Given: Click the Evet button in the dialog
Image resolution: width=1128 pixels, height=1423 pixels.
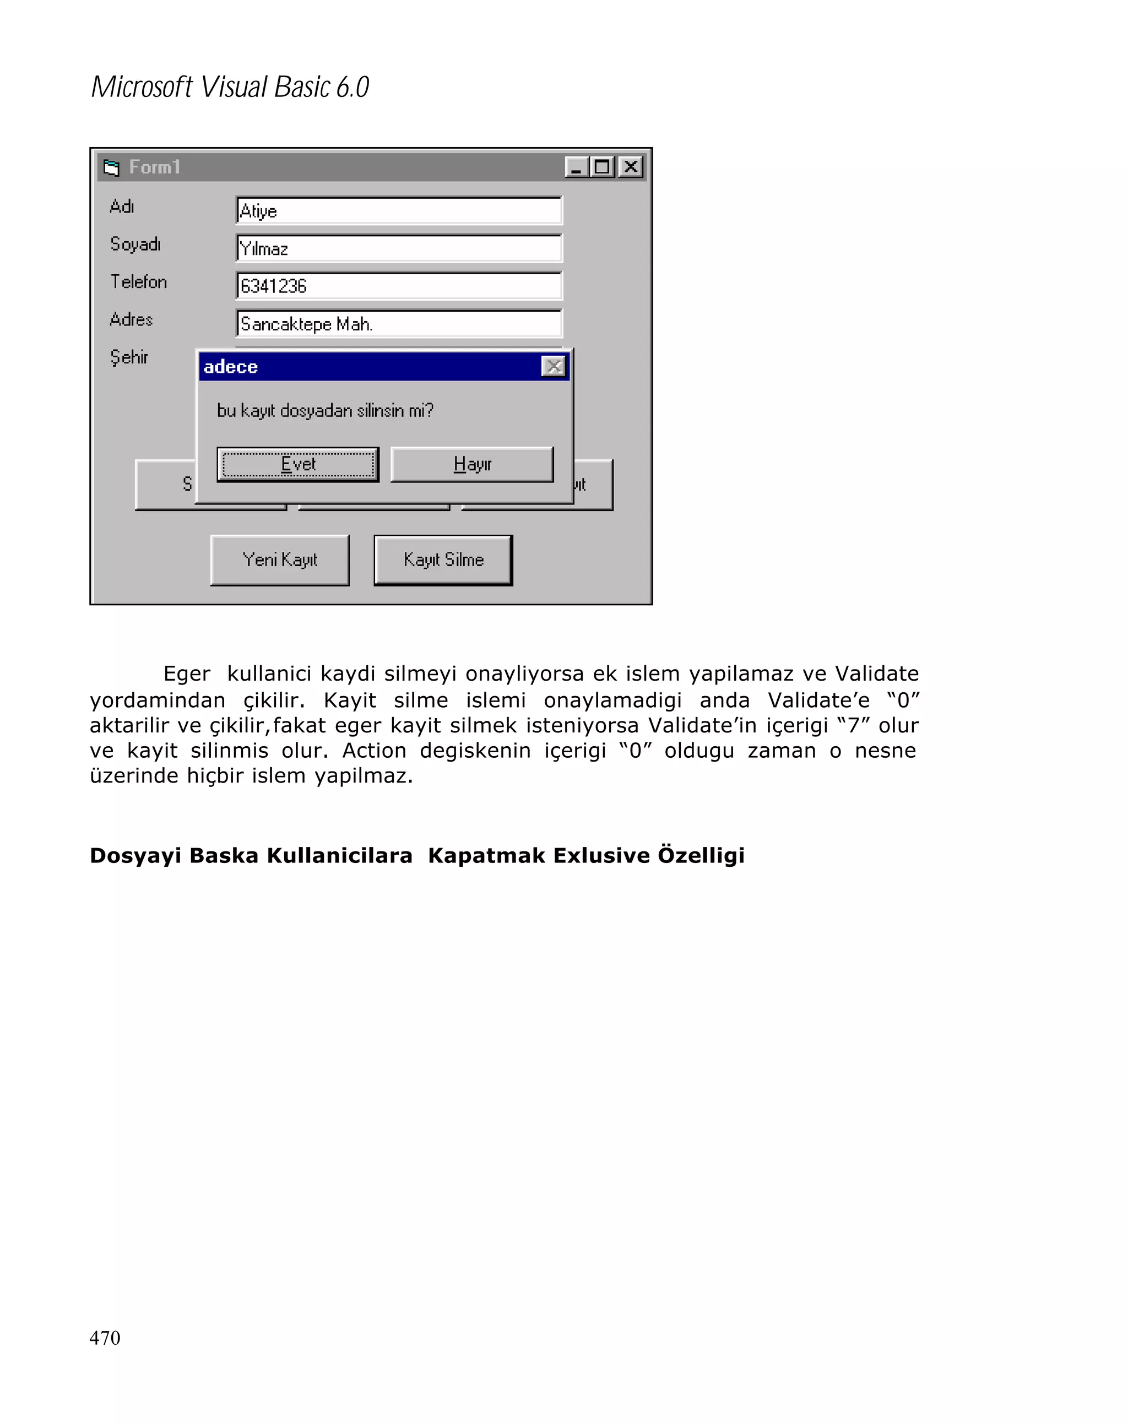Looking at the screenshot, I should (x=297, y=464).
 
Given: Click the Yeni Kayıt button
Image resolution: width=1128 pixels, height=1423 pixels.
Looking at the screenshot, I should (x=279, y=560).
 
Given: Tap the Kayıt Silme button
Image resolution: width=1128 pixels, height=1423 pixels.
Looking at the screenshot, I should (x=443, y=560).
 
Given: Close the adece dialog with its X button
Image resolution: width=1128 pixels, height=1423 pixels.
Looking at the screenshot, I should (x=553, y=366).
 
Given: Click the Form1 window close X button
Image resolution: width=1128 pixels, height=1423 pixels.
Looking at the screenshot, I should (x=630, y=167).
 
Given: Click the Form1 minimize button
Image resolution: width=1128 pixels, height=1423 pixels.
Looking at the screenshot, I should (x=576, y=167).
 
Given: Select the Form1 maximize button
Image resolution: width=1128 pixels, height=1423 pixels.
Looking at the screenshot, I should (x=603, y=167).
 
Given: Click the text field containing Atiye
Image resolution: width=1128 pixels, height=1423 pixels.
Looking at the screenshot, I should (x=398, y=210).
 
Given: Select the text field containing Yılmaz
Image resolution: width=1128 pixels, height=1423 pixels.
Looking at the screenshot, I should (x=398, y=248).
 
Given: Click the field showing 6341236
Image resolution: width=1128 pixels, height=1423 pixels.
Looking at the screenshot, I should (x=398, y=286).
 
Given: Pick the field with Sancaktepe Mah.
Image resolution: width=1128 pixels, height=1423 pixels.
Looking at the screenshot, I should (x=398, y=323).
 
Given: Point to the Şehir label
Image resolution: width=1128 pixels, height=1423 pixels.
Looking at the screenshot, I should (x=129, y=357).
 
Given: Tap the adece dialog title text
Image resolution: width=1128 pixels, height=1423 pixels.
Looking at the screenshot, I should (x=230, y=367).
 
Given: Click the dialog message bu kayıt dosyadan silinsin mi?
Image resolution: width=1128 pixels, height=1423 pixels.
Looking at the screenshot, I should (x=325, y=410).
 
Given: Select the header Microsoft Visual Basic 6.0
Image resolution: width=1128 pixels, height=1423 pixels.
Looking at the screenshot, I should (x=230, y=87).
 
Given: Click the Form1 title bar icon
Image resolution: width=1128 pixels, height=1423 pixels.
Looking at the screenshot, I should (x=112, y=167).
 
